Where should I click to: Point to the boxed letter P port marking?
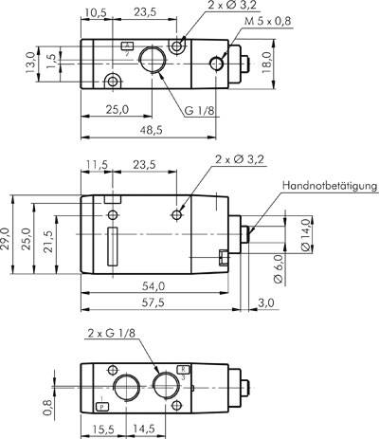coord(102,406)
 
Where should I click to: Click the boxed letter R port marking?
coord(183,368)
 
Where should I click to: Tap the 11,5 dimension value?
coord(96,163)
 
